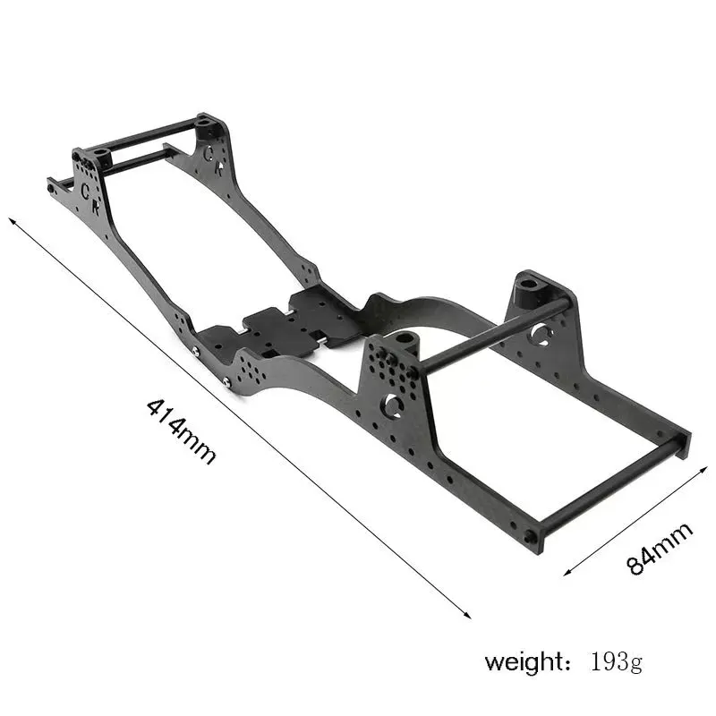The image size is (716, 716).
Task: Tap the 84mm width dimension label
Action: [660, 549]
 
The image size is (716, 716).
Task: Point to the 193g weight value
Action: [617, 663]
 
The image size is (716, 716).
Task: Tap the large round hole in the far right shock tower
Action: [540, 335]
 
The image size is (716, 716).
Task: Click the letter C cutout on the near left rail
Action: [86, 190]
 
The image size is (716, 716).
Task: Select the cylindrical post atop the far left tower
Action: [207, 120]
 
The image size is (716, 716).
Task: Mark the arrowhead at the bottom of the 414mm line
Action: [467, 615]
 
